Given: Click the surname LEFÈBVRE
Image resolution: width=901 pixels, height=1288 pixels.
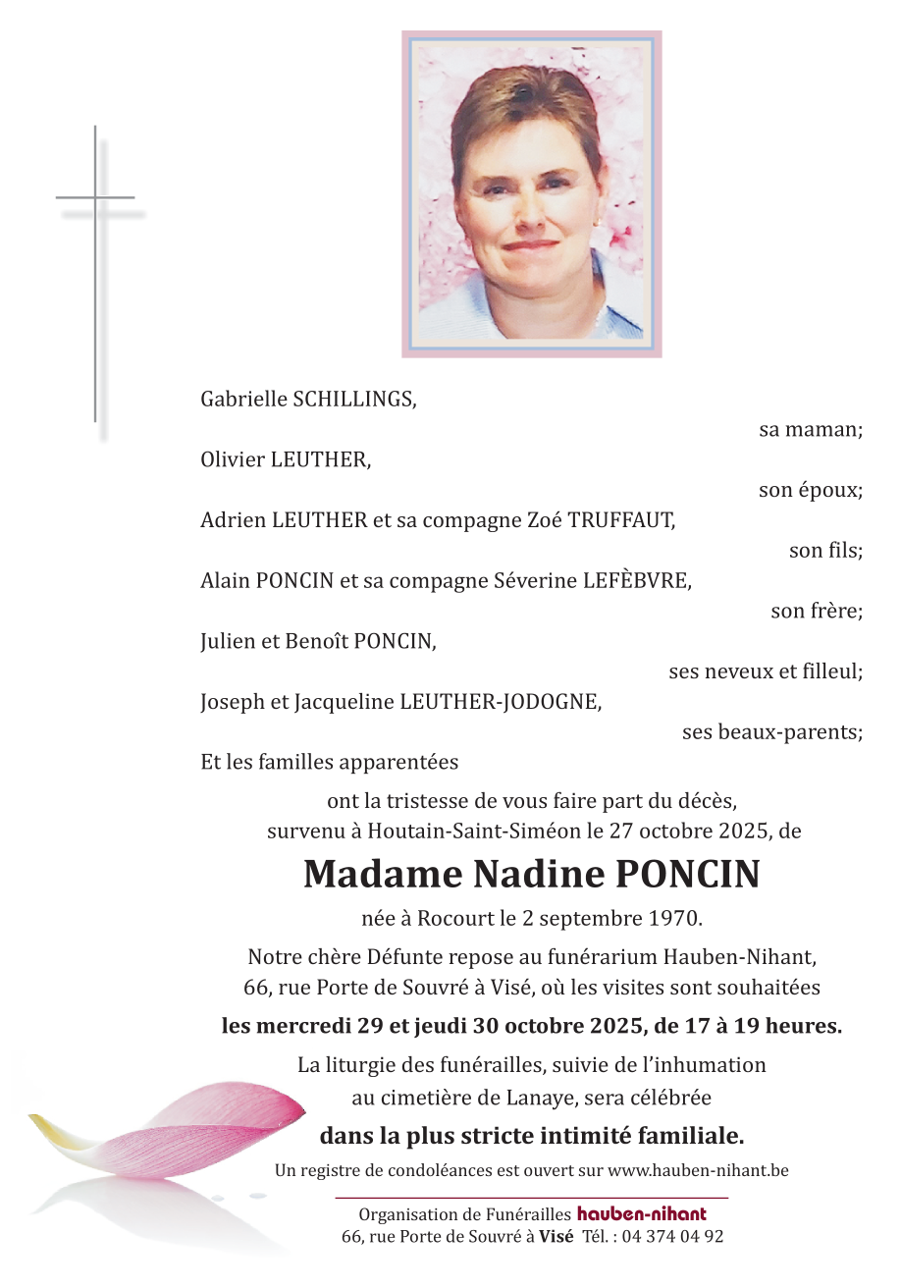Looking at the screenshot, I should [x=637, y=581].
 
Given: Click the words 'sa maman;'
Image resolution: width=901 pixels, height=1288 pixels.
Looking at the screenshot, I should [x=811, y=430].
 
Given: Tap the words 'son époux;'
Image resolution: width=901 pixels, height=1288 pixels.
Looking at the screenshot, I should [x=811, y=490].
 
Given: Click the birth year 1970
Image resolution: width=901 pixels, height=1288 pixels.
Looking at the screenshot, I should [x=675, y=920].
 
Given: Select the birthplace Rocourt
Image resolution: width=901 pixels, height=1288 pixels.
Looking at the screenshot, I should [x=454, y=920].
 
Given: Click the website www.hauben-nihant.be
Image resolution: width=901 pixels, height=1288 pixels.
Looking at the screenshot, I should [x=698, y=1170].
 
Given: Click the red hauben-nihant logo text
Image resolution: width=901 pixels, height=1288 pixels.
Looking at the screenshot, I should [x=641, y=1215].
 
